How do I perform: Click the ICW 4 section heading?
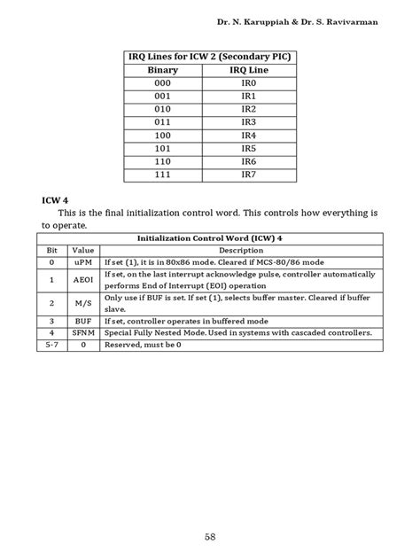click(x=55, y=201)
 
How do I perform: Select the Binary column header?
click(x=163, y=69)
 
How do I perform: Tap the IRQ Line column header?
click(x=250, y=69)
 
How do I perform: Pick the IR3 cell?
click(x=249, y=121)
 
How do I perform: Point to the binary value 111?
click(x=163, y=175)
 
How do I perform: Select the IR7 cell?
click(x=249, y=175)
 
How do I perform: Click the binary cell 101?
click(x=163, y=148)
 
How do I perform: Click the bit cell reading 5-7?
click(x=51, y=345)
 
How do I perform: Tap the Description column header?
click(x=240, y=251)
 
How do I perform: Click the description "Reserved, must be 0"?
click(x=142, y=345)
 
